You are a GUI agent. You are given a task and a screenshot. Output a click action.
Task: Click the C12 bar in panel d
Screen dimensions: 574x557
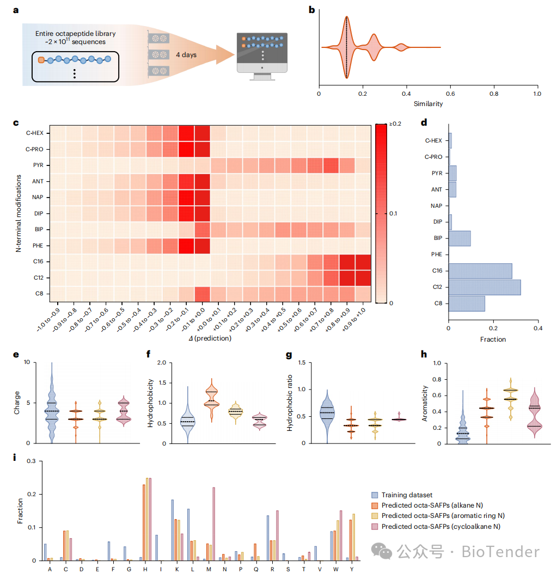[x=483, y=287]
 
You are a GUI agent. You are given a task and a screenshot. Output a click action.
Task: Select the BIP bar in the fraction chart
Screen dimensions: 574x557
[x=459, y=238]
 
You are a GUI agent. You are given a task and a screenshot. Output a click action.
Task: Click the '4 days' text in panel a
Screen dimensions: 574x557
[x=186, y=55]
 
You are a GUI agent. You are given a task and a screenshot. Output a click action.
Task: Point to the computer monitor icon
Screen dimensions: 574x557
[x=262, y=55]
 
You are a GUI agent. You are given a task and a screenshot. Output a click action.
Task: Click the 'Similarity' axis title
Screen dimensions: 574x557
[x=428, y=103]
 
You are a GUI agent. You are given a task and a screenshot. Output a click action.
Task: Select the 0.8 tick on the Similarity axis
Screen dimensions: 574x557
[x=493, y=93]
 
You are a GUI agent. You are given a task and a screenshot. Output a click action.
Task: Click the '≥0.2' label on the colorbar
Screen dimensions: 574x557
[x=395, y=125]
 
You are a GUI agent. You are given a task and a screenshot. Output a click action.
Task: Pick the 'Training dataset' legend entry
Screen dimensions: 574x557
[x=406, y=495]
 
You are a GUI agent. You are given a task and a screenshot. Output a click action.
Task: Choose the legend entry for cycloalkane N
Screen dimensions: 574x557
[x=441, y=526]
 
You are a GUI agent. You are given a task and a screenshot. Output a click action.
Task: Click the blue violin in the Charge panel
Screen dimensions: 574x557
[x=51, y=405]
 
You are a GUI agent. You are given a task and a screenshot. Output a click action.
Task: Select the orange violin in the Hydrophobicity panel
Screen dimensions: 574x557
[x=210, y=400]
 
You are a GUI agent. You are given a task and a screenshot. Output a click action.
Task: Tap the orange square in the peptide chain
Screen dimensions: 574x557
[x=41, y=60]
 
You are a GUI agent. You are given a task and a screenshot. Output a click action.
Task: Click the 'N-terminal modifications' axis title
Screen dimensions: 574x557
[x=18, y=213]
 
